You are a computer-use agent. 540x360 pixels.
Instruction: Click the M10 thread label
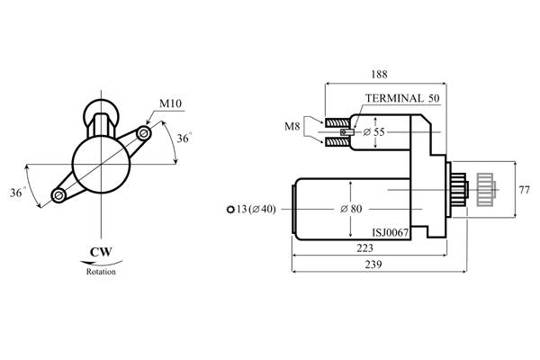point(170,103)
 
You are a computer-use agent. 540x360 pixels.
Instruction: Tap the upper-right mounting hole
point(144,133)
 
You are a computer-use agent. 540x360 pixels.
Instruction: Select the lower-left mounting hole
point(58,195)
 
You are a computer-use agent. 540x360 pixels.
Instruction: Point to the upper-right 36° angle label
point(184,138)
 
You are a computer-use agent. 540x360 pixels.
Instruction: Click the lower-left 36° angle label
point(18,193)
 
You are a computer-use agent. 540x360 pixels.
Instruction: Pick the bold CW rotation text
point(101,252)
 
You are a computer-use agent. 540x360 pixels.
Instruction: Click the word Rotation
point(101,272)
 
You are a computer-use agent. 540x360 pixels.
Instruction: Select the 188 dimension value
point(379,74)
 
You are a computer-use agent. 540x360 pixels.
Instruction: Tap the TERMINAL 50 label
point(402,98)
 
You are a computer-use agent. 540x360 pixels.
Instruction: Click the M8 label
point(292,126)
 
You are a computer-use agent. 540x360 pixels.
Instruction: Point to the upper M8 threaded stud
point(337,122)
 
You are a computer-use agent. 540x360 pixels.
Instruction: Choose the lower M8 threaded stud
point(337,141)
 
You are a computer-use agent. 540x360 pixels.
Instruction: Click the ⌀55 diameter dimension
point(374,132)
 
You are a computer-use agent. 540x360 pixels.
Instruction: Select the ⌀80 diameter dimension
point(351,209)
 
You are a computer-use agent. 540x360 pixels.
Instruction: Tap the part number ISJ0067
point(391,232)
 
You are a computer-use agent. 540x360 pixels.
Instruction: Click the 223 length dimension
point(364,248)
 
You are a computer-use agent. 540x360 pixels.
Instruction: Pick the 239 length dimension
point(373,265)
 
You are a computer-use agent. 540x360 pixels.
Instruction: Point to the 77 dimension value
point(524,190)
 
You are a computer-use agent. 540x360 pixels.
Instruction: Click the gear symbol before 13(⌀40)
point(230,209)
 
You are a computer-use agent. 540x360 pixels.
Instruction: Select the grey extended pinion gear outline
point(486,190)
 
